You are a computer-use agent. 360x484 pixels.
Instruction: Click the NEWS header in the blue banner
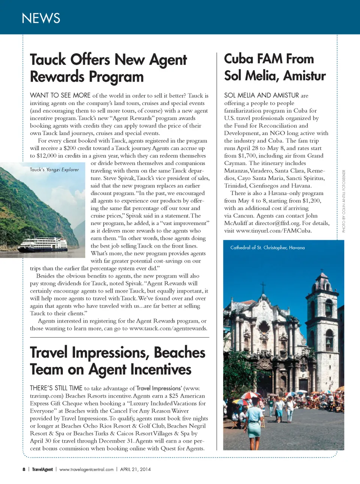(41, 18)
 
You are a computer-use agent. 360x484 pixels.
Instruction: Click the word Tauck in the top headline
(48, 60)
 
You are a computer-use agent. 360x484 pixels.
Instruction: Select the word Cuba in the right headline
(238, 59)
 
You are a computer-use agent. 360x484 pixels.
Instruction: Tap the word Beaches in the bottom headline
(180, 353)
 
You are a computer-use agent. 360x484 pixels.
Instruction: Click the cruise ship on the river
(44, 244)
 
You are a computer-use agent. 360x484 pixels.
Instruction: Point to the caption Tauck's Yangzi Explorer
(54, 170)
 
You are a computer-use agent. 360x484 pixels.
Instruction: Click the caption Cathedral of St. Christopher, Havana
(267, 248)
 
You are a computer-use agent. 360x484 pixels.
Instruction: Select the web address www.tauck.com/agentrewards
(168, 328)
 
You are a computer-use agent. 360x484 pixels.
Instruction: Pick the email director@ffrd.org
(278, 223)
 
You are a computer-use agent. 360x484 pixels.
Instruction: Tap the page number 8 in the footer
(24, 469)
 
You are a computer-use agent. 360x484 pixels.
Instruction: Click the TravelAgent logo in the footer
(42, 469)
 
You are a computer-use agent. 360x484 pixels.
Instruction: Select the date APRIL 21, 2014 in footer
(135, 469)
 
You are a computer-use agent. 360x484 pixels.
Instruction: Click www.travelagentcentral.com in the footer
(86, 469)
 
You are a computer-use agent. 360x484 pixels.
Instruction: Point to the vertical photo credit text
(343, 201)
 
